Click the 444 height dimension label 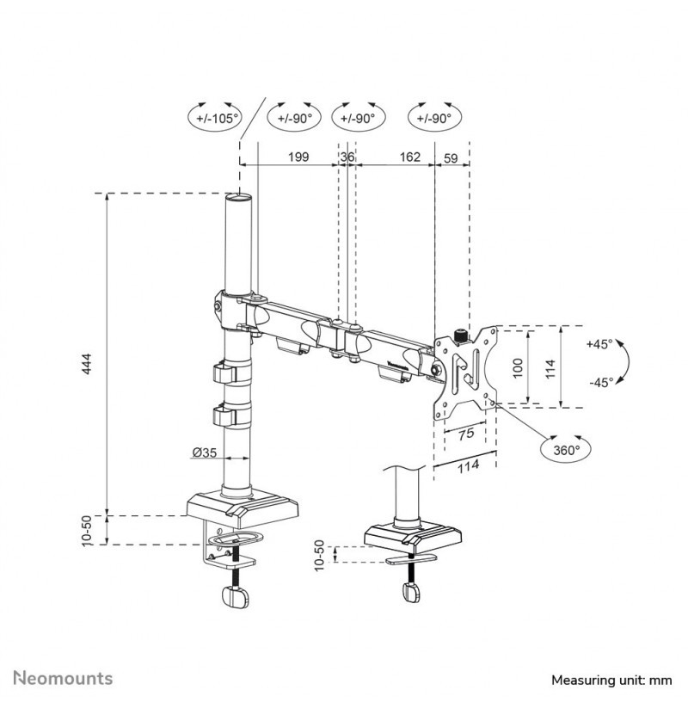[x=88, y=364]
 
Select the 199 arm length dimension [x=298, y=157]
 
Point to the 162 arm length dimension [x=410, y=157]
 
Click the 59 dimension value [x=451, y=158]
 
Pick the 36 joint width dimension [x=347, y=157]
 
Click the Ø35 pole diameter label [x=205, y=452]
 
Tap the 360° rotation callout [x=565, y=450]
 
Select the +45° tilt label [x=599, y=344]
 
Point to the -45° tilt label [x=601, y=383]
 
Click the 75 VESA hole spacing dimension [x=466, y=434]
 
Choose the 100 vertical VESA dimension [x=518, y=367]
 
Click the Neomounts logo [x=63, y=679]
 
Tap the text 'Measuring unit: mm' [x=611, y=680]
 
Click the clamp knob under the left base [x=236, y=596]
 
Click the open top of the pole [x=239, y=197]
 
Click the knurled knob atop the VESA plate [x=460, y=335]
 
